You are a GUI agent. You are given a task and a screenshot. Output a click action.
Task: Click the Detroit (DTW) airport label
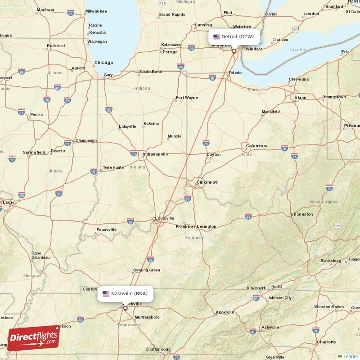click(x=234, y=36)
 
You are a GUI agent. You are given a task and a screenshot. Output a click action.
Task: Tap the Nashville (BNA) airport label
click(x=126, y=294)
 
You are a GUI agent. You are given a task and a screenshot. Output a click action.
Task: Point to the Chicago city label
click(x=103, y=63)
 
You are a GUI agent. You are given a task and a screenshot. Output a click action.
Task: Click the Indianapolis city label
click(x=155, y=154)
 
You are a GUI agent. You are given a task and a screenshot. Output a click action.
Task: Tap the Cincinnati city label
click(x=207, y=182)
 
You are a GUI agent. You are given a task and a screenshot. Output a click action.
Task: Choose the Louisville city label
click(x=164, y=218)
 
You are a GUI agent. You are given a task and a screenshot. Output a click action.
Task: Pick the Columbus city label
click(x=256, y=146)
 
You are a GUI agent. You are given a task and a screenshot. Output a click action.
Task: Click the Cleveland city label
click(x=299, y=79)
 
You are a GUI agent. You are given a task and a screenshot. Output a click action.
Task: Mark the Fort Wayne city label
click(x=187, y=98)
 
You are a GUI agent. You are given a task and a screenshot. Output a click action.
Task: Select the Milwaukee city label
click(x=96, y=11)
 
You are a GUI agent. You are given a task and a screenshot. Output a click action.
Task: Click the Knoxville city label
click(x=225, y=312)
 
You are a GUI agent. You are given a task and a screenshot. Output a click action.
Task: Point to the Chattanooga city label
click(x=158, y=349)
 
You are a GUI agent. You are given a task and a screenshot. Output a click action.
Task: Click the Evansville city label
click(x=106, y=230)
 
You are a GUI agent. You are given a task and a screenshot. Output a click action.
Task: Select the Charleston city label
click(x=301, y=214)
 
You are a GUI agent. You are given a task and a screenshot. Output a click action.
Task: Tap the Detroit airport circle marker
click(x=234, y=51)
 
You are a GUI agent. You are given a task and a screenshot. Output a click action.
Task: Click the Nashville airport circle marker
click(x=126, y=308)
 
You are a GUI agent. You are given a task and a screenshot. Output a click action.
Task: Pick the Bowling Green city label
click(x=146, y=270)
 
